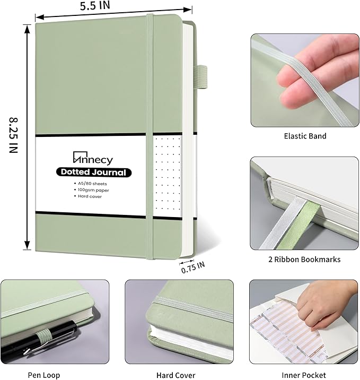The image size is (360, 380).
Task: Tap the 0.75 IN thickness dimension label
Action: click(192, 267)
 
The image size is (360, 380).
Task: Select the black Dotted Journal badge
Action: click(93, 172)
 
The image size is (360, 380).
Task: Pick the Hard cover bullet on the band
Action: click(90, 196)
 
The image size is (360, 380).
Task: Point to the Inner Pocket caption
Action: click(303, 375)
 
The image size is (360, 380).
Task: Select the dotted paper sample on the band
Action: click(167, 175)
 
